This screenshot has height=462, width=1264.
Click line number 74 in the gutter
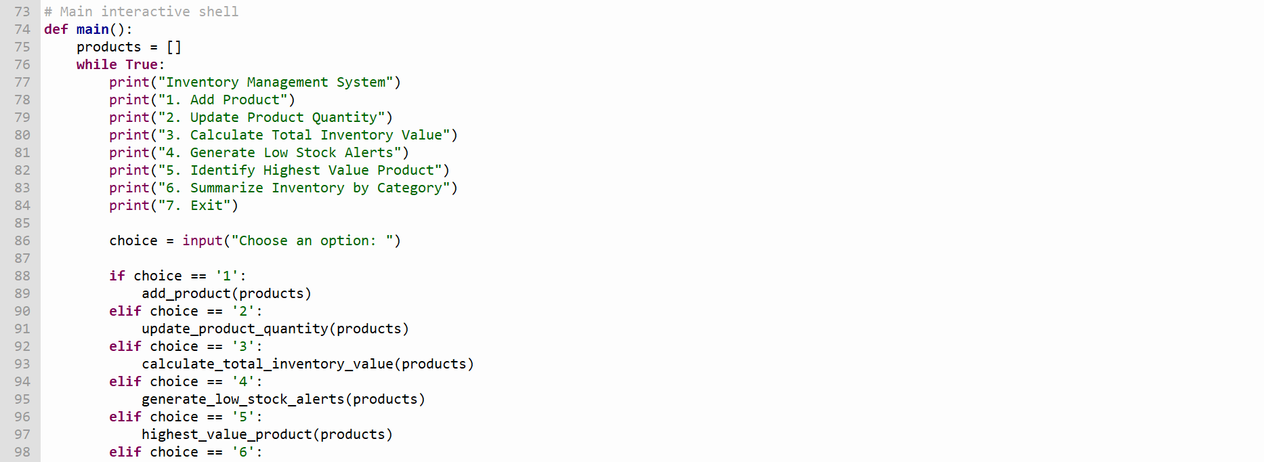coord(22,29)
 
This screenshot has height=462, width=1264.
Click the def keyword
coord(56,29)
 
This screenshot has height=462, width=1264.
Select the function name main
coord(93,29)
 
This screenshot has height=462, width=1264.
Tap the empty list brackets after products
coord(174,47)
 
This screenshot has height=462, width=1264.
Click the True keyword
coord(142,64)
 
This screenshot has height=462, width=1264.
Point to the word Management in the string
coord(287,82)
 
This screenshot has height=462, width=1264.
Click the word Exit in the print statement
coord(207,205)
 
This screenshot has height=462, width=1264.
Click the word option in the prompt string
coord(345,240)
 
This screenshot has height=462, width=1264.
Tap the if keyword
coord(117,276)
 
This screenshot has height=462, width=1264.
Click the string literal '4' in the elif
coord(243,381)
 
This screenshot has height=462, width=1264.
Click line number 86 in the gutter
coord(22,240)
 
